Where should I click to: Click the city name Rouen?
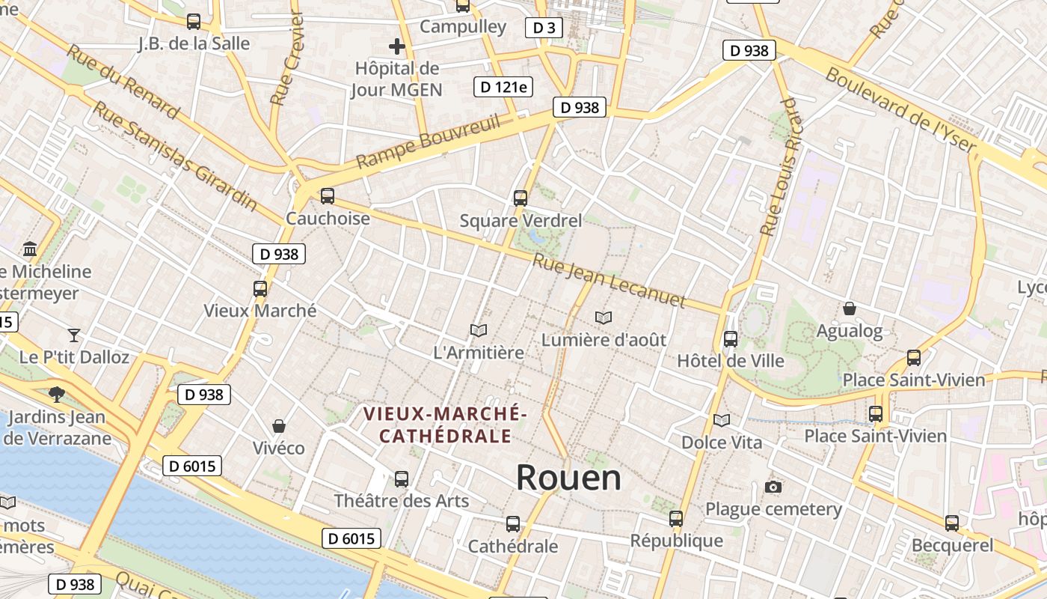click(x=568, y=477)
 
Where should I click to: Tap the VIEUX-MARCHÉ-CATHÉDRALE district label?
click(x=446, y=425)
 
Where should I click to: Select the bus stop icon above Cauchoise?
click(x=328, y=196)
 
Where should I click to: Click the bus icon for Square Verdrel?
click(x=521, y=198)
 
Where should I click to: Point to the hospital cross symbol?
click(x=397, y=47)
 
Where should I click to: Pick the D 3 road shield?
click(x=544, y=28)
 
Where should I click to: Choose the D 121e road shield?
click(x=503, y=87)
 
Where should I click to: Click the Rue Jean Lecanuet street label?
click(x=609, y=281)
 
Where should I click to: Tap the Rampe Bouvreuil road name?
click(x=428, y=142)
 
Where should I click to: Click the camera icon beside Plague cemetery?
click(x=773, y=487)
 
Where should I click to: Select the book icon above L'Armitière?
click(x=479, y=330)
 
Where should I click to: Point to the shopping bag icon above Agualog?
click(x=850, y=308)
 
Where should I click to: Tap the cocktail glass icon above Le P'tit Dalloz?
click(x=74, y=335)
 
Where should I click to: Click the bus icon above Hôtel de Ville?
click(x=731, y=339)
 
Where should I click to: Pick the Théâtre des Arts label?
click(x=402, y=501)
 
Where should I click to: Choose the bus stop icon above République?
click(x=676, y=518)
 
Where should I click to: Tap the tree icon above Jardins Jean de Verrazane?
click(x=56, y=394)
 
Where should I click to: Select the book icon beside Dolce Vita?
click(x=722, y=421)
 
